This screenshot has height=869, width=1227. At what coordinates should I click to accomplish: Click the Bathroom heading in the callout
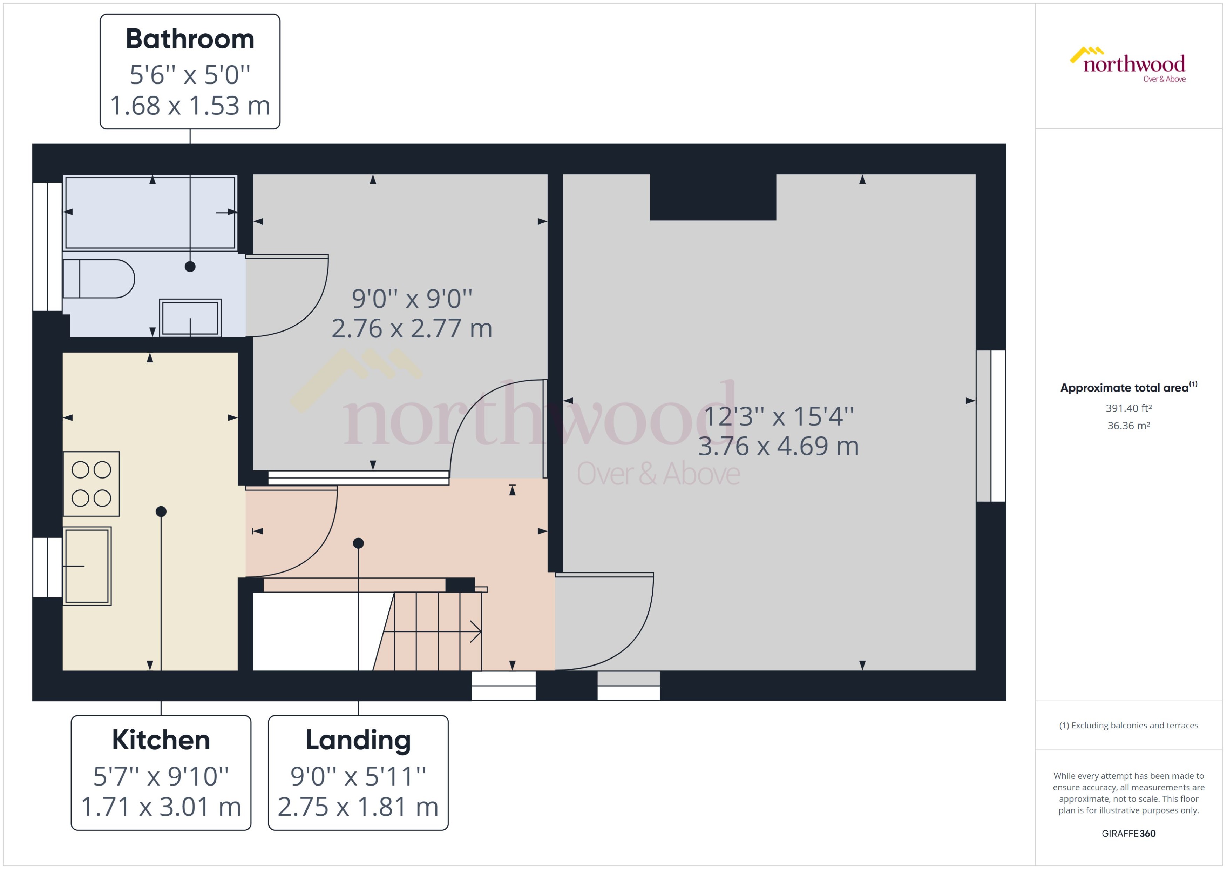click(190, 39)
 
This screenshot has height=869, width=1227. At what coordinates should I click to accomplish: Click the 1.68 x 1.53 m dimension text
click(190, 105)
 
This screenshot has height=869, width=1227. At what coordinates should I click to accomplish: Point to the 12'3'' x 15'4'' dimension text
click(778, 416)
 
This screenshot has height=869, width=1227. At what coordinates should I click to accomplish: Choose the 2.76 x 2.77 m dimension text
click(411, 328)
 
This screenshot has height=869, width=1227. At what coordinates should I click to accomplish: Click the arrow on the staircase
click(475, 631)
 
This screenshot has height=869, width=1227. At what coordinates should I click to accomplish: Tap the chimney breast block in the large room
click(713, 197)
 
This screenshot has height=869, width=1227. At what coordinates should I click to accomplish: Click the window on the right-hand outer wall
click(991, 426)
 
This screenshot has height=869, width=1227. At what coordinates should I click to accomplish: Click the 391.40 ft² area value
click(1128, 408)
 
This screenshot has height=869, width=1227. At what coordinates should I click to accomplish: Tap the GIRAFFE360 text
click(1128, 833)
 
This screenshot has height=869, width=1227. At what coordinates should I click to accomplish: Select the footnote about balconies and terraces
click(1128, 725)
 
